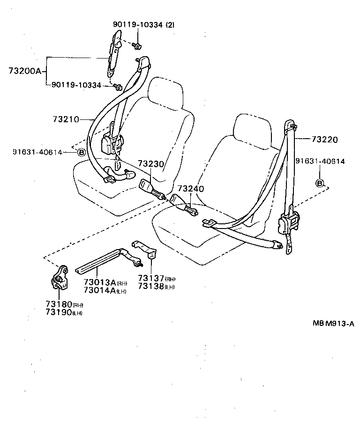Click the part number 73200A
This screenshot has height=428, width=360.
24,71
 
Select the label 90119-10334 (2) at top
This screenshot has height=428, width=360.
142,24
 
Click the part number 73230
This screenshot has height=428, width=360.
151,164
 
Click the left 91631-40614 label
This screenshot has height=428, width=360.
37,152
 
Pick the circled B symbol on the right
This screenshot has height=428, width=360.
320,183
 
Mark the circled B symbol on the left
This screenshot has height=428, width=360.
81,152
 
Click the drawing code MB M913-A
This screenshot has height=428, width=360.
333,323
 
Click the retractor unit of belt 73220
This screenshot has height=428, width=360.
288,223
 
